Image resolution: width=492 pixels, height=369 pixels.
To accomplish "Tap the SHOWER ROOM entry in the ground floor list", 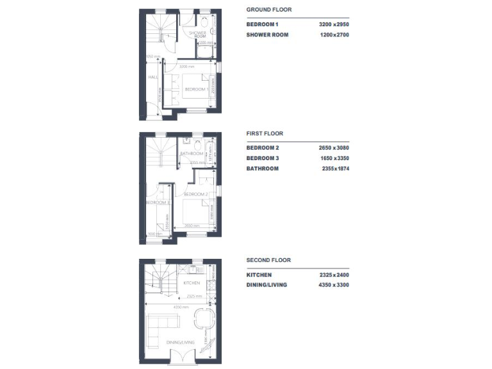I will (267, 35).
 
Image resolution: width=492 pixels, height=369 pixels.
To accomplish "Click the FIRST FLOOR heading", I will (265, 134).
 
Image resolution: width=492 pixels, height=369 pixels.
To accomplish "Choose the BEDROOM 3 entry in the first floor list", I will (263, 158).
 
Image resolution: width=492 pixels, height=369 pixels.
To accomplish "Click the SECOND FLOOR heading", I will (268, 260).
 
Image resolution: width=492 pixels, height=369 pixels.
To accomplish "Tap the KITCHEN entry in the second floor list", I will (259, 275).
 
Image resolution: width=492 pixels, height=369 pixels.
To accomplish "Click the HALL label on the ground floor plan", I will (152, 78).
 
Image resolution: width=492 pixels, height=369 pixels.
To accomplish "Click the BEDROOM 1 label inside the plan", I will (195, 90).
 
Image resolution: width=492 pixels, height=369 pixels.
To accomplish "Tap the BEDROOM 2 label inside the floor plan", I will (195, 193).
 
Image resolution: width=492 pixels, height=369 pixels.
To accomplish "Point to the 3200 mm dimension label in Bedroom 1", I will (186, 67).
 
